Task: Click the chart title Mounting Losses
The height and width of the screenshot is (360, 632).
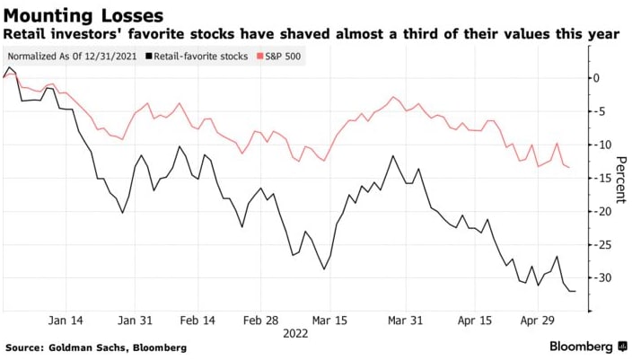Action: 83,15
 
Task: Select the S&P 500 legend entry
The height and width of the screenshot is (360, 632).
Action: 281,56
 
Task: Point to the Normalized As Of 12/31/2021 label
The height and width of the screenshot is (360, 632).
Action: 68,56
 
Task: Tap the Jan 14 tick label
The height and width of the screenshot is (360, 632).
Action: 65,320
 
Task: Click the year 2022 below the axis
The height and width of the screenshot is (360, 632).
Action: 296,332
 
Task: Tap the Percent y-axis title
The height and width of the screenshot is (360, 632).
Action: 620,178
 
